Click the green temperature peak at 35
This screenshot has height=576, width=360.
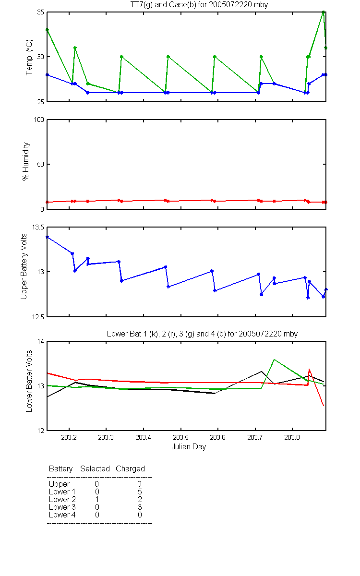(x=323, y=12)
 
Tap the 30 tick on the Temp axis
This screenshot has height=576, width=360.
(x=41, y=57)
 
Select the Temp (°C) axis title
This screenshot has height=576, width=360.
(x=29, y=57)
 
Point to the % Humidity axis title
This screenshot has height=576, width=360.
(x=26, y=161)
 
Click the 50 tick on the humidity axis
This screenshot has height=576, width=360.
(x=41, y=164)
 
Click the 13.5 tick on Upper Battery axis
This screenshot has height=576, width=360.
(x=38, y=228)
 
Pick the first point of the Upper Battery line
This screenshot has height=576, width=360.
(x=48, y=237)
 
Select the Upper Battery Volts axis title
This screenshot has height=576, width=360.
(x=24, y=266)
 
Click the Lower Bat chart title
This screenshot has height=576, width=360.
(x=203, y=334)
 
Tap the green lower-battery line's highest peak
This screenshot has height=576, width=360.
(x=274, y=359)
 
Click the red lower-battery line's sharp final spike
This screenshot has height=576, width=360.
(x=309, y=369)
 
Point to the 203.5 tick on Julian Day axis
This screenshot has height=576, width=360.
(x=180, y=437)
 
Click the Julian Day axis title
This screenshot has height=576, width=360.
(x=189, y=447)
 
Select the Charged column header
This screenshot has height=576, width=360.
(x=130, y=468)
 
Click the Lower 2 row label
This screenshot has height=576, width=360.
(x=62, y=499)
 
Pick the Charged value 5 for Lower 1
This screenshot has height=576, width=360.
(x=140, y=492)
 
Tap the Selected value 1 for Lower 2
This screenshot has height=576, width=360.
(x=97, y=499)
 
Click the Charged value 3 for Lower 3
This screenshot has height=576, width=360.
(x=140, y=507)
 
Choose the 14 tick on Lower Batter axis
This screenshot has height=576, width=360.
(x=41, y=341)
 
